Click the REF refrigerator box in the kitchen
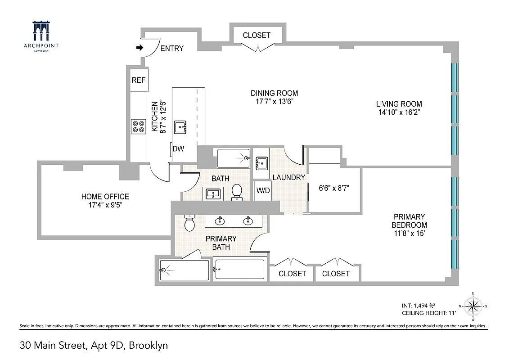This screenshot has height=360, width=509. pyautogui.click(x=139, y=81)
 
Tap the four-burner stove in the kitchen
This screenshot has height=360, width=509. pyautogui.click(x=138, y=126)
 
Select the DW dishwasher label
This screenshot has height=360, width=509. pyautogui.click(x=178, y=149)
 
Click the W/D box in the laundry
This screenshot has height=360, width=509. pyautogui.click(x=263, y=190)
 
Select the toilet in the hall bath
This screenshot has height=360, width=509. pyautogui.click(x=237, y=192)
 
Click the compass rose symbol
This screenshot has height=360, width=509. pyautogui.click(x=473, y=307)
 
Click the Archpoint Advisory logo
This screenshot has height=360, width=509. pyautogui.click(x=41, y=37)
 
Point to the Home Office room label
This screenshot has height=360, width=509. pyautogui.click(x=105, y=201)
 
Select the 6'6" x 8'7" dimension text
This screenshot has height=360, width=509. pyautogui.click(x=333, y=188)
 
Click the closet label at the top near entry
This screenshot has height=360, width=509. pyautogui.click(x=257, y=35)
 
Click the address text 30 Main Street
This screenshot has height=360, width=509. pyautogui.click(x=94, y=346)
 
